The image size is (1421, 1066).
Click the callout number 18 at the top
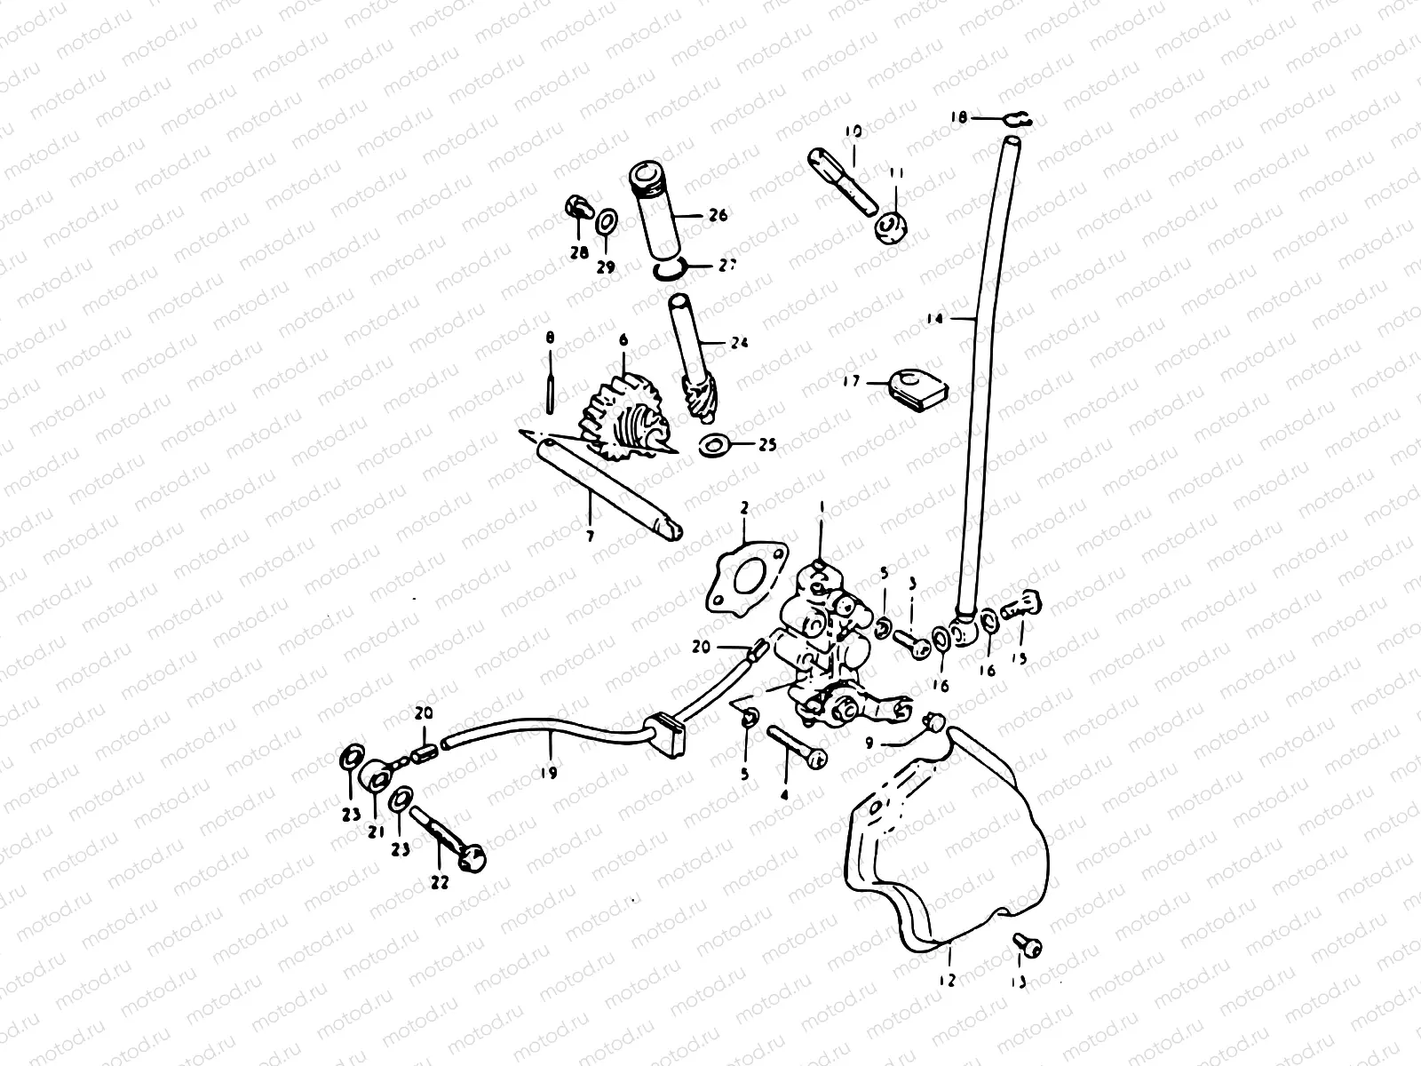point(957,116)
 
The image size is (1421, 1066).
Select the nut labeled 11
point(891,228)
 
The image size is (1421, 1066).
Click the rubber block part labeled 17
point(920,387)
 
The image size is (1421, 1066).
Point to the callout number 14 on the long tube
point(933,317)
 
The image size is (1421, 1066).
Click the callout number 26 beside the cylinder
point(718,215)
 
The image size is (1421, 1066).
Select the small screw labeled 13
point(1028,947)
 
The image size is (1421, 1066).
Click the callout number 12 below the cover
point(947,980)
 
